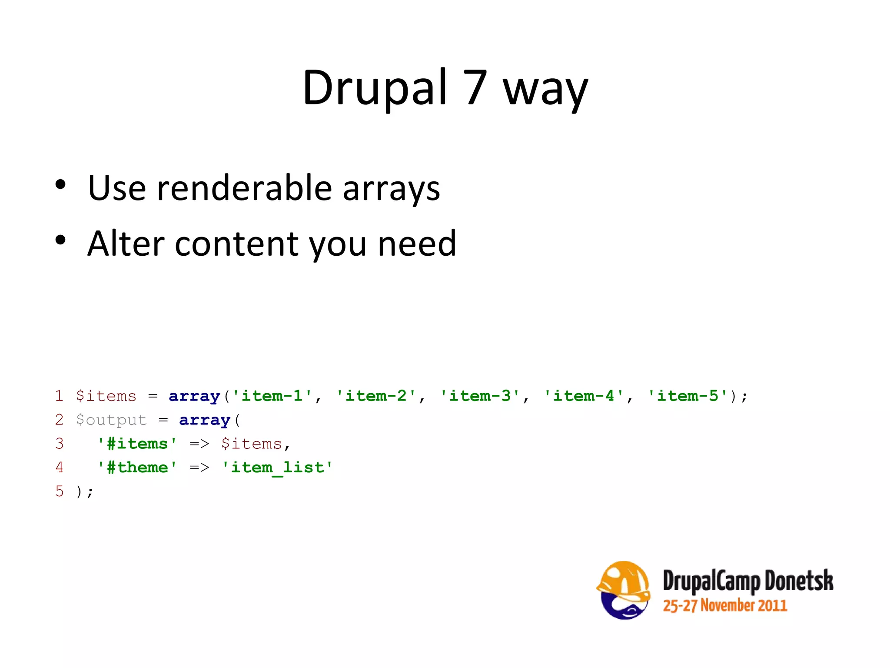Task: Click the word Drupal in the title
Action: (375, 88)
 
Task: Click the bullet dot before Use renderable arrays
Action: (60, 185)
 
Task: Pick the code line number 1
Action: (59, 396)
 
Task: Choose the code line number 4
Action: (59, 468)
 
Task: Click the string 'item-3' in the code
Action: (480, 396)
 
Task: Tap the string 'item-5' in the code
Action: (687, 396)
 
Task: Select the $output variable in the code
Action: (111, 420)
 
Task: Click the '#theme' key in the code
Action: (137, 468)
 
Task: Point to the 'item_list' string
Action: (277, 468)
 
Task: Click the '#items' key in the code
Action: (137, 444)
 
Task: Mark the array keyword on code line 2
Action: (204, 420)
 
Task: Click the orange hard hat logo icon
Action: (624, 590)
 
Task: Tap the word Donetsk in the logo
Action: (799, 581)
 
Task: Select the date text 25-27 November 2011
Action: (725, 605)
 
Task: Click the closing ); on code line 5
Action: (85, 492)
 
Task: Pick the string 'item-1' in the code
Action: (272, 396)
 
